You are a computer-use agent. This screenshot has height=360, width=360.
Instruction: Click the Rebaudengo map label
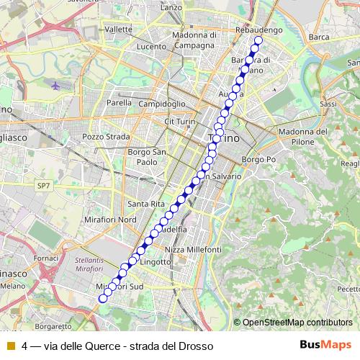[257, 30]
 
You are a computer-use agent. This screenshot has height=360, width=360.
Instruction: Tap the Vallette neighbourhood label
[118, 30]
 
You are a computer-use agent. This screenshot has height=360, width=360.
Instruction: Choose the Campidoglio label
[163, 104]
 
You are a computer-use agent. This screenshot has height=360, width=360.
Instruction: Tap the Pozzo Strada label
[106, 136]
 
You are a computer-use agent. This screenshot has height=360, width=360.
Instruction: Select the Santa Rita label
[142, 203]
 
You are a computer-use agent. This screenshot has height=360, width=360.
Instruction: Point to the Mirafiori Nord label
[109, 218]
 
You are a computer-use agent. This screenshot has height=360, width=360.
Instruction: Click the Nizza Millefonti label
[193, 248]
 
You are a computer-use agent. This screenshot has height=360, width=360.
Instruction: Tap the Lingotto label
[156, 262]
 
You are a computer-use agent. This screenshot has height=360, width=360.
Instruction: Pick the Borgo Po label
[259, 158]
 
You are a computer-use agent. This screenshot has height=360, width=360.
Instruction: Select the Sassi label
[328, 104]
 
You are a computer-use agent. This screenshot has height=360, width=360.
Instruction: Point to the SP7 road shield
[45, 185]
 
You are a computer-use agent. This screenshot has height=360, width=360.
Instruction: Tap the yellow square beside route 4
[11, 346]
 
